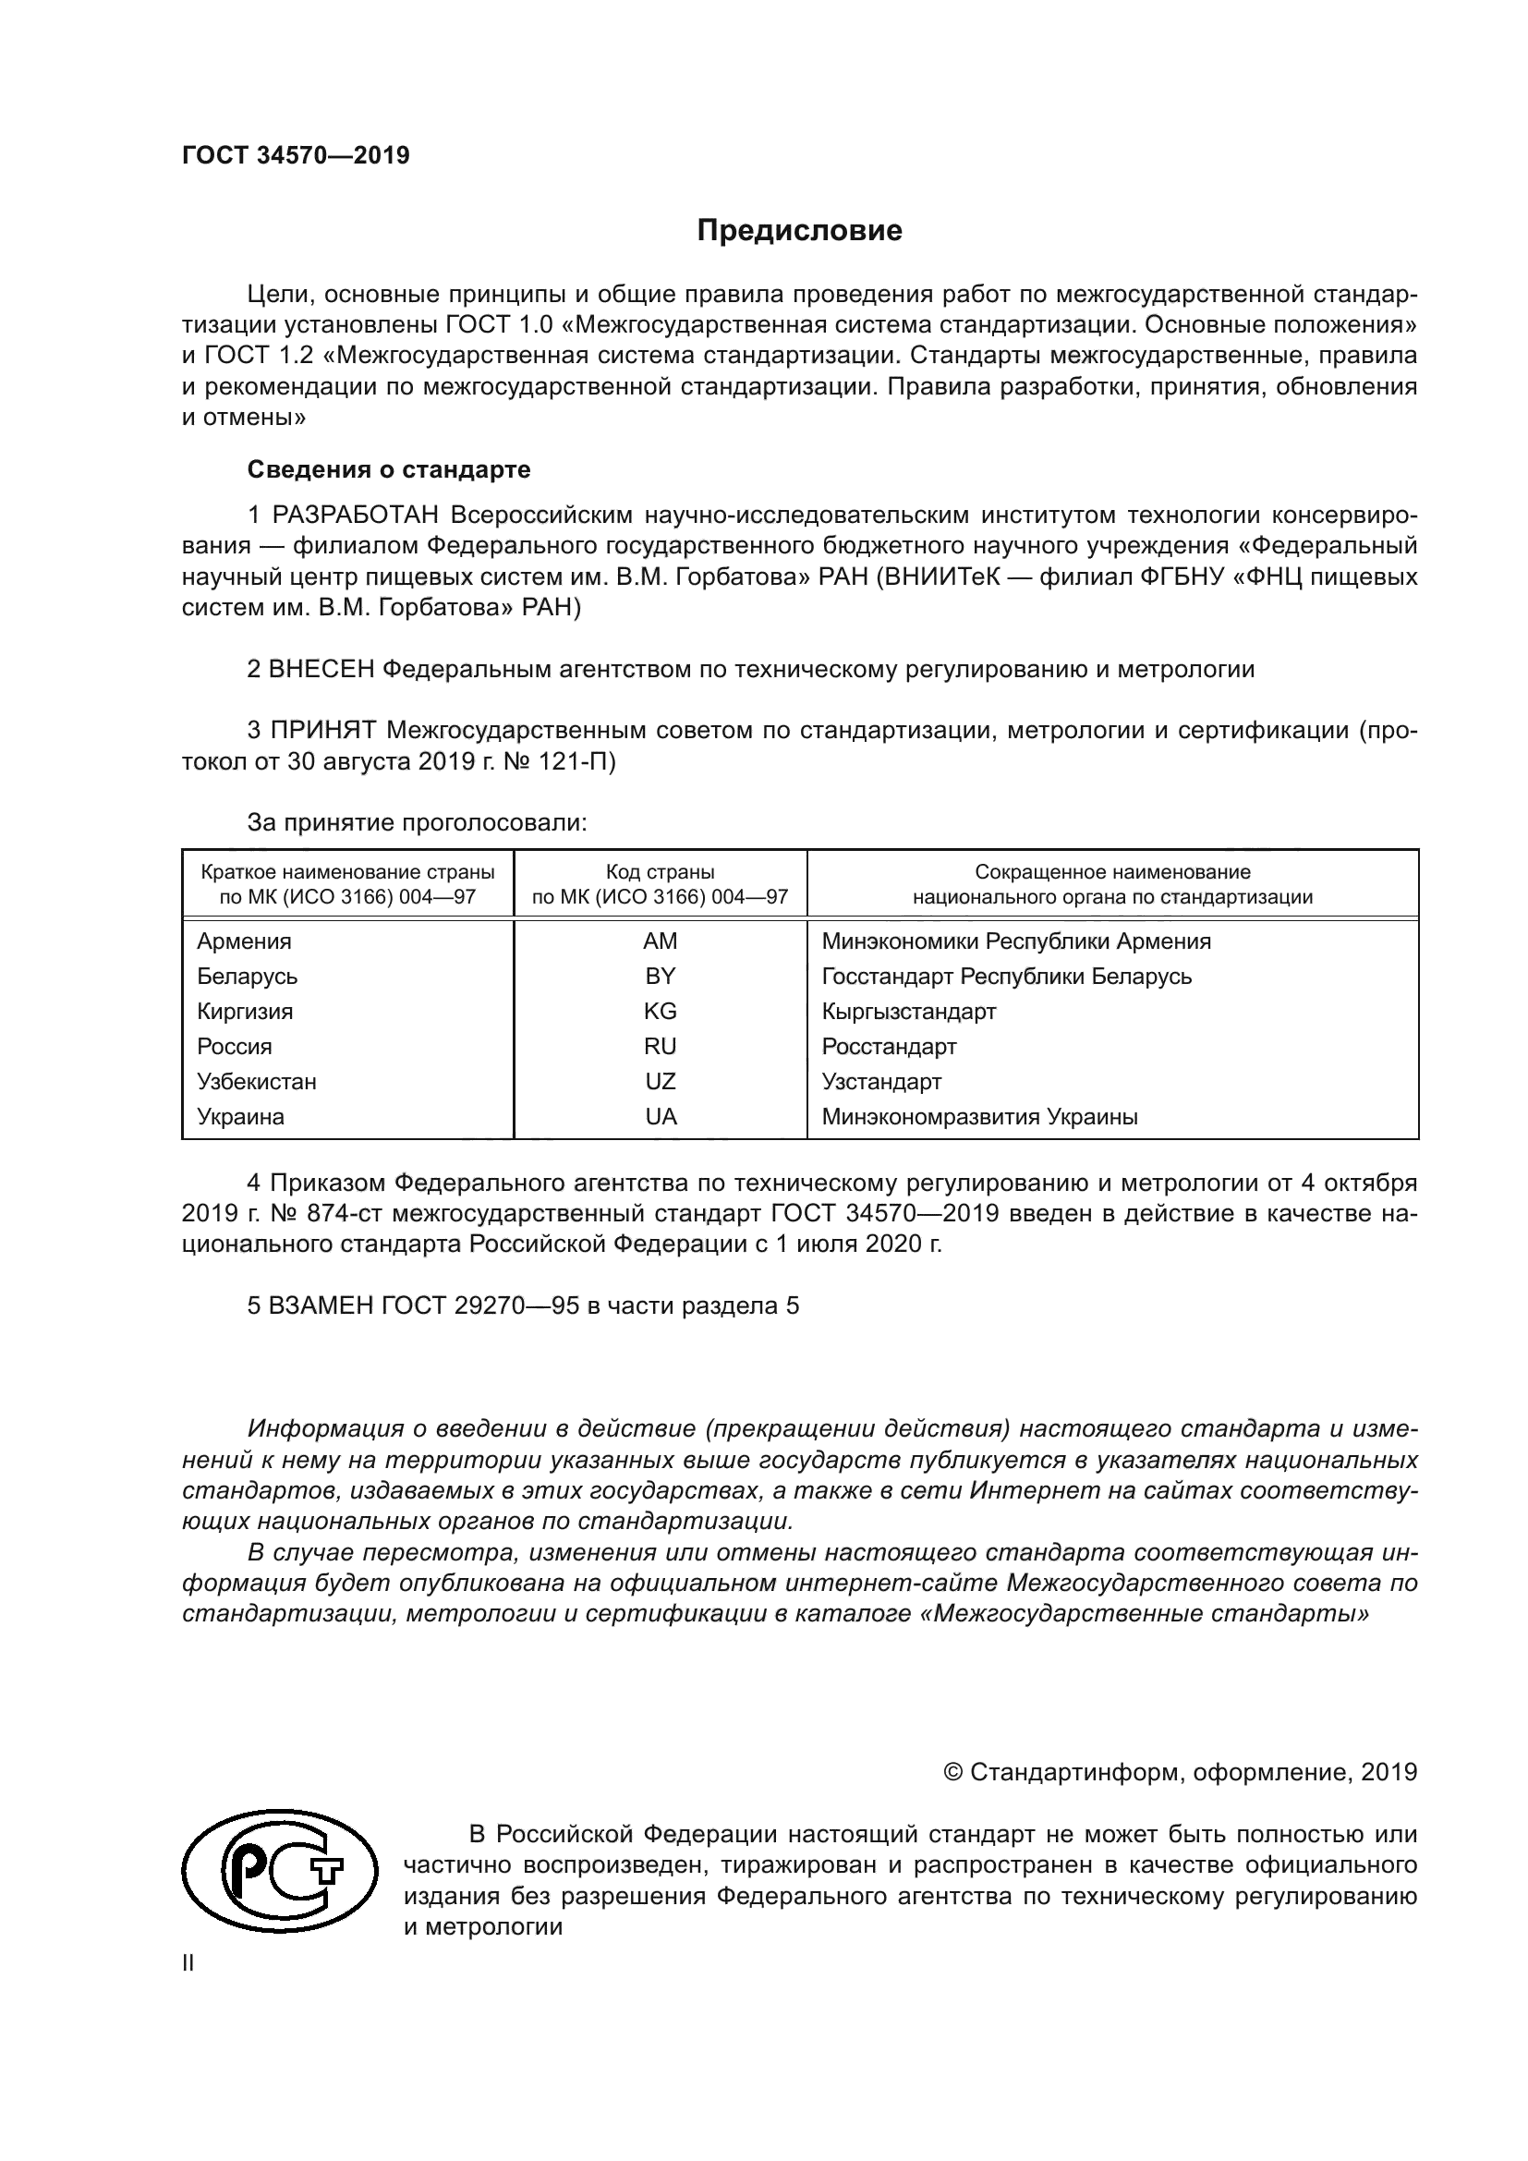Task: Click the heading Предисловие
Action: click(799, 231)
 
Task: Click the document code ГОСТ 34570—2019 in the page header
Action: click(296, 155)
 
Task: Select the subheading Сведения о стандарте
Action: click(389, 468)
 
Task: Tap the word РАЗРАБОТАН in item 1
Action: click(355, 515)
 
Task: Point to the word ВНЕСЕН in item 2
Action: click(321, 669)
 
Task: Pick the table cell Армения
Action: click(244, 941)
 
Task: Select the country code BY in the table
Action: click(660, 976)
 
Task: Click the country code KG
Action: click(660, 1011)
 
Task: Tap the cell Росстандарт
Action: click(888, 1047)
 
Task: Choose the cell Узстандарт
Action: click(880, 1082)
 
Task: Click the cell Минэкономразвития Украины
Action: click(979, 1117)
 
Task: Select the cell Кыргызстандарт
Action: click(908, 1012)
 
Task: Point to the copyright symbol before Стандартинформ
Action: click(952, 1772)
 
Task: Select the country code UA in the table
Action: click(661, 1117)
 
